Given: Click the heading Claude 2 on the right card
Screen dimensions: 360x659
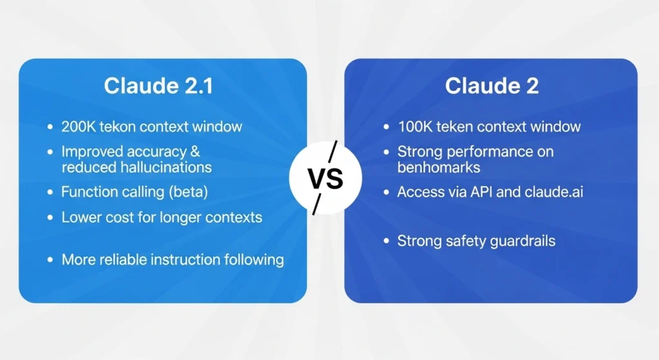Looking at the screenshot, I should (x=492, y=88).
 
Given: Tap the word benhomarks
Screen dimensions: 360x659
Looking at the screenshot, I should (x=439, y=167).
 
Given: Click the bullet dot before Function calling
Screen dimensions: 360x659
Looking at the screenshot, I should (x=50, y=193).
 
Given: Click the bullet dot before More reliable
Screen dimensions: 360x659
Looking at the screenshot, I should (x=50, y=260).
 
